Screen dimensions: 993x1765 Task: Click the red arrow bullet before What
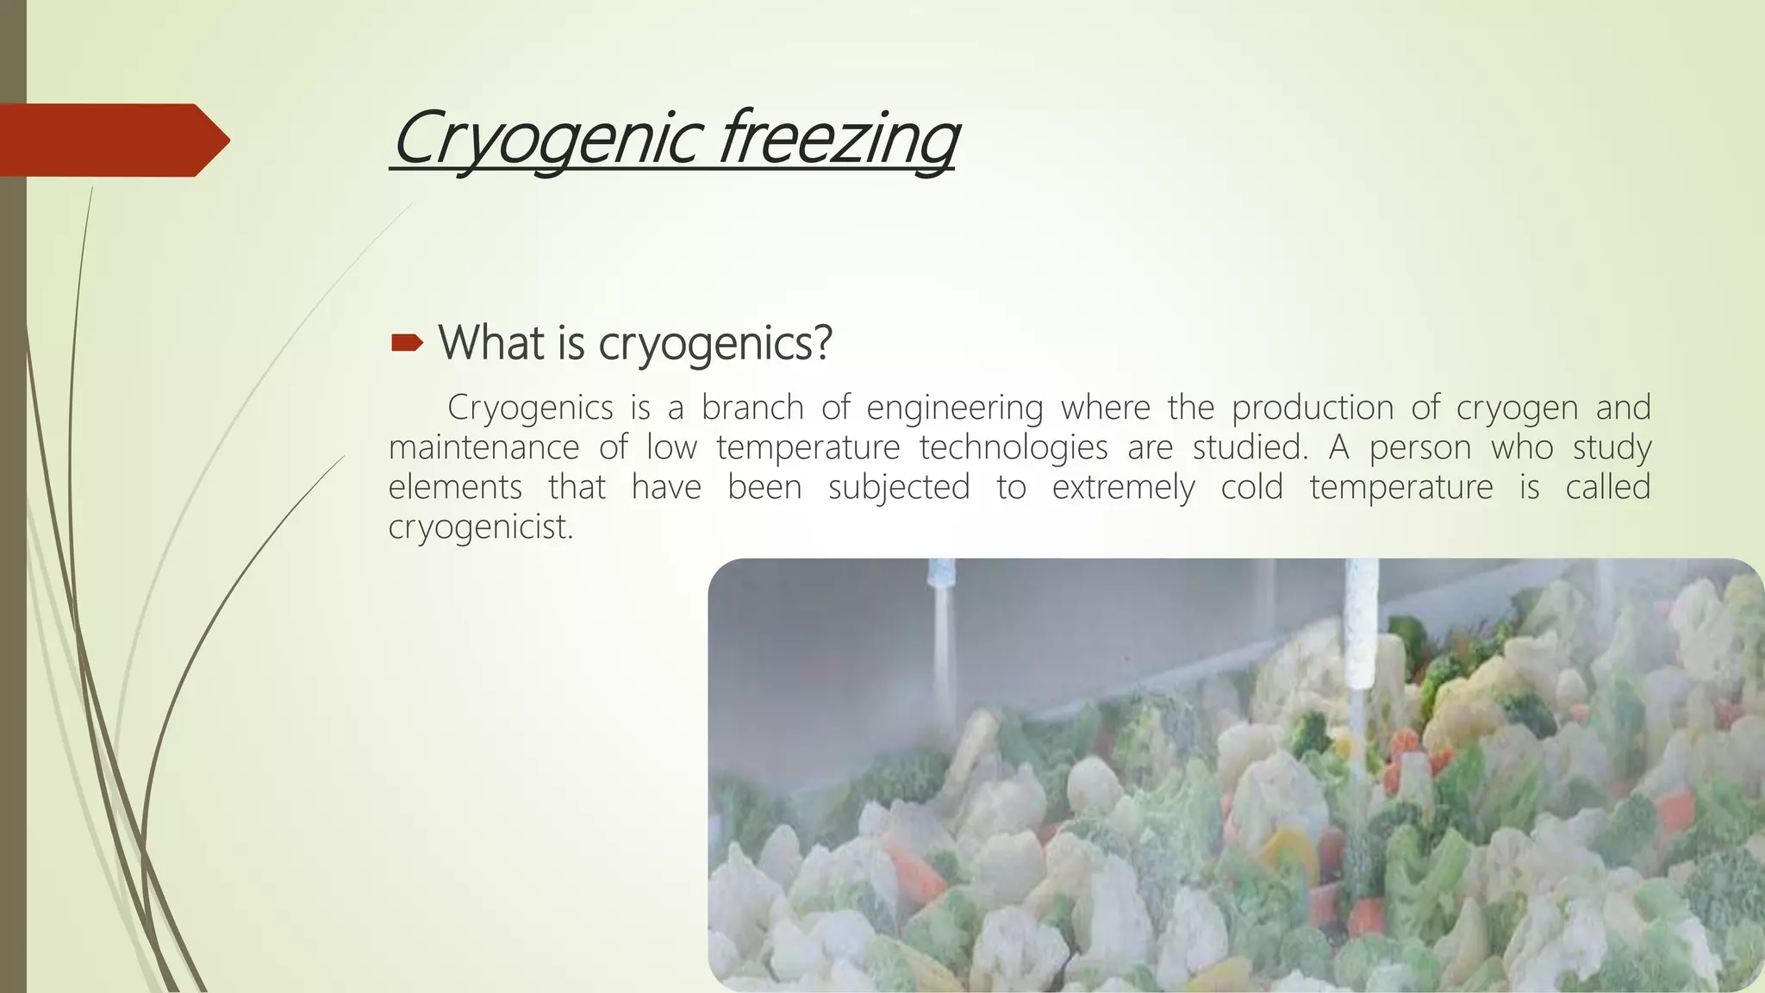coord(407,344)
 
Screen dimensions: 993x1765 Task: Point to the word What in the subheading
coord(491,342)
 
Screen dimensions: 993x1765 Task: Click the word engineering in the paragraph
coord(954,408)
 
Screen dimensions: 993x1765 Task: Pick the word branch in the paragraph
coord(752,407)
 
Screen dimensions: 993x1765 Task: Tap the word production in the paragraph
coord(1312,407)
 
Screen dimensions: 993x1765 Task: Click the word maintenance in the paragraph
coord(483,447)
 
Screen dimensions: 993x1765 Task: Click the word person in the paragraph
coord(1420,447)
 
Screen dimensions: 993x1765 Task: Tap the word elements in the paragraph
coord(455,487)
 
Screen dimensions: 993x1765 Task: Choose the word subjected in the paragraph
coord(898,488)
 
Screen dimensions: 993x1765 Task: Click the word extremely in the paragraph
coord(1123,488)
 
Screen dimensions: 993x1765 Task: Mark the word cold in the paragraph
coord(1251,487)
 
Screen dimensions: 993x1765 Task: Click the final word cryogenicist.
coord(480,527)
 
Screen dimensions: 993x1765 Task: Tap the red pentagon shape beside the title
coord(112,140)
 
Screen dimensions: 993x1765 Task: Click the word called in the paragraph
coord(1607,487)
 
